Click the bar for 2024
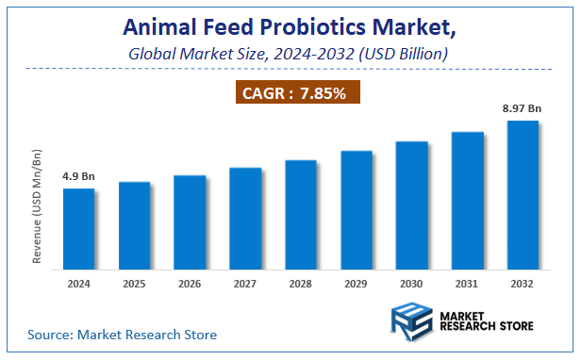[78, 228]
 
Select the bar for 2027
[245, 218]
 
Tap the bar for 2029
[357, 209]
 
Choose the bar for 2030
[412, 205]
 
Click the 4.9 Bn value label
[77, 176]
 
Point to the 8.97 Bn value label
[522, 109]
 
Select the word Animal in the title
[159, 31]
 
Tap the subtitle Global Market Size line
[289, 55]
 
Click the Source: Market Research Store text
[123, 335]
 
